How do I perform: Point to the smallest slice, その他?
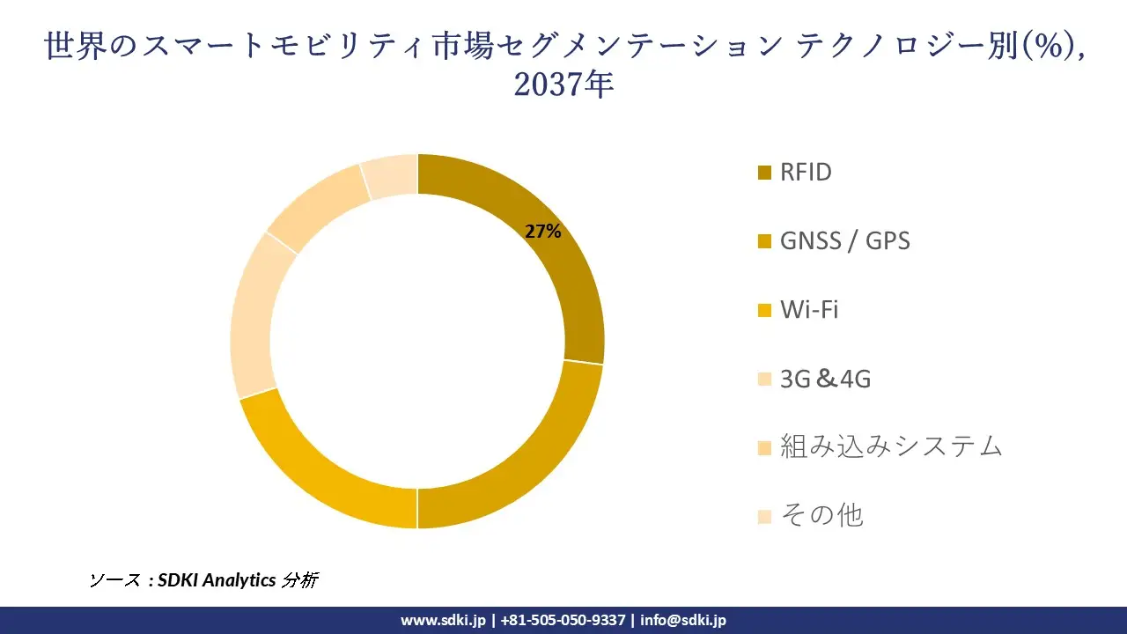click(x=390, y=176)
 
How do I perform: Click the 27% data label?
click(x=543, y=232)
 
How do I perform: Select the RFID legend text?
click(x=806, y=172)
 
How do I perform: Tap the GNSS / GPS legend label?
click(x=845, y=240)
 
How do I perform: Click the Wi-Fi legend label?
click(x=809, y=310)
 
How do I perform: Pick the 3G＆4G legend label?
click(x=826, y=379)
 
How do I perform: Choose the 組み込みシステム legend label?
click(x=891, y=446)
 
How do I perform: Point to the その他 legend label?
click(x=821, y=515)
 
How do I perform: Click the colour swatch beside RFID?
click(x=764, y=173)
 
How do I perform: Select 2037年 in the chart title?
click(x=563, y=85)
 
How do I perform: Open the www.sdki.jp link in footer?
click(x=442, y=620)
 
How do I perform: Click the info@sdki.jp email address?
click(x=683, y=620)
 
